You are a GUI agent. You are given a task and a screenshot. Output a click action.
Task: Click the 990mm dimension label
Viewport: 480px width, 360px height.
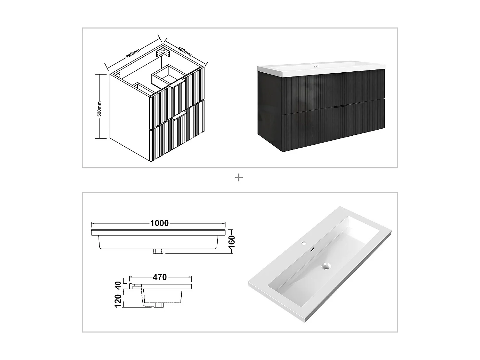132,53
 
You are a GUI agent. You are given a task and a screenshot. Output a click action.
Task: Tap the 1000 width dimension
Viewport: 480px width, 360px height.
159,223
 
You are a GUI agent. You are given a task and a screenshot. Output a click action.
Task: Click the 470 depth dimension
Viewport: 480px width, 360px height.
159,277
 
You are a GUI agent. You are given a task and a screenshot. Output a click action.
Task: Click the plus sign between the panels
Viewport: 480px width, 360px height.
239,178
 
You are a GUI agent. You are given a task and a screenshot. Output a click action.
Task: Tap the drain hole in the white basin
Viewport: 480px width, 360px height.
326,266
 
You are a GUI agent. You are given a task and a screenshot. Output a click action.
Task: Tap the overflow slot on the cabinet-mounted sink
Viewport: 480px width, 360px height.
316,67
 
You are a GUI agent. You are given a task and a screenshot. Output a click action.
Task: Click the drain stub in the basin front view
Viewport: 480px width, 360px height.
159,251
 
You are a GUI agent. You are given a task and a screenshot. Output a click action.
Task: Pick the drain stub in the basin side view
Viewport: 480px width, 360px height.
158,305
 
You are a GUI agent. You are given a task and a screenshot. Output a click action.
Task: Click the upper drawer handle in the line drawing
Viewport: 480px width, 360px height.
177,84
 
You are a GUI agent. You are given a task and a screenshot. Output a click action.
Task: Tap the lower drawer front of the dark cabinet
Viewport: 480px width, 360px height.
333,128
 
